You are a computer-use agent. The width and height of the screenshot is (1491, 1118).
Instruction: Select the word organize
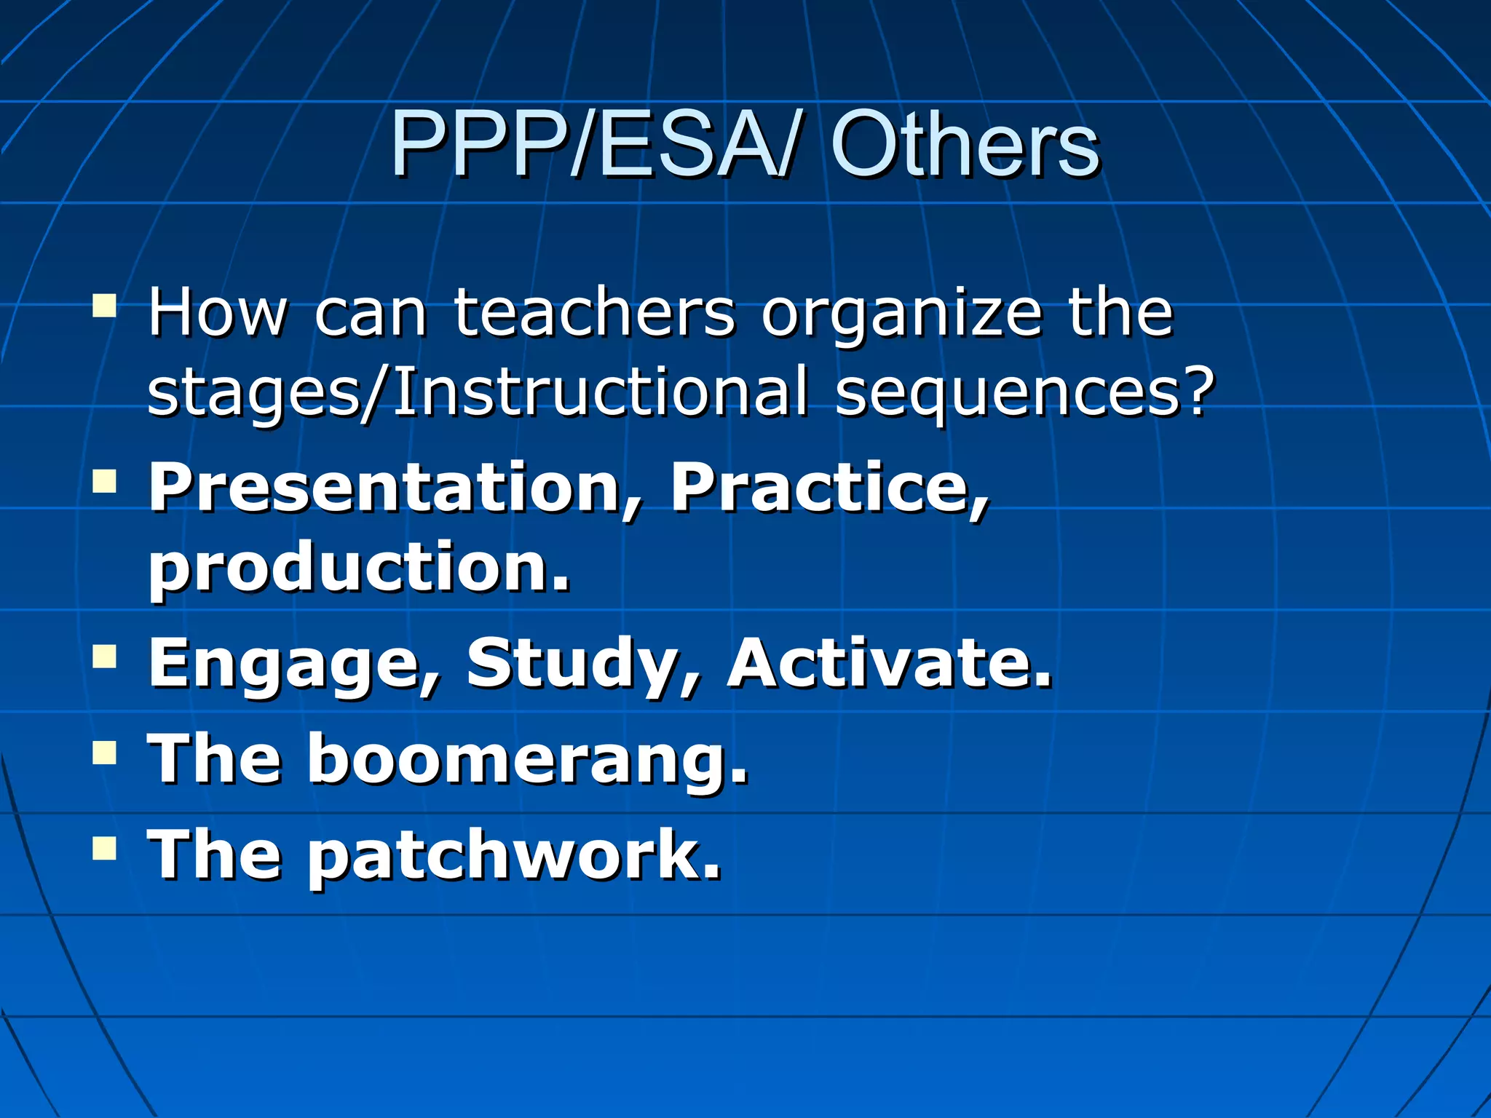902,314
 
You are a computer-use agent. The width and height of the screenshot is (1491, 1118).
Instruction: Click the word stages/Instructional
478,393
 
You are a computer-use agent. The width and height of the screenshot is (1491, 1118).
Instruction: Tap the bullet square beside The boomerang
105,753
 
